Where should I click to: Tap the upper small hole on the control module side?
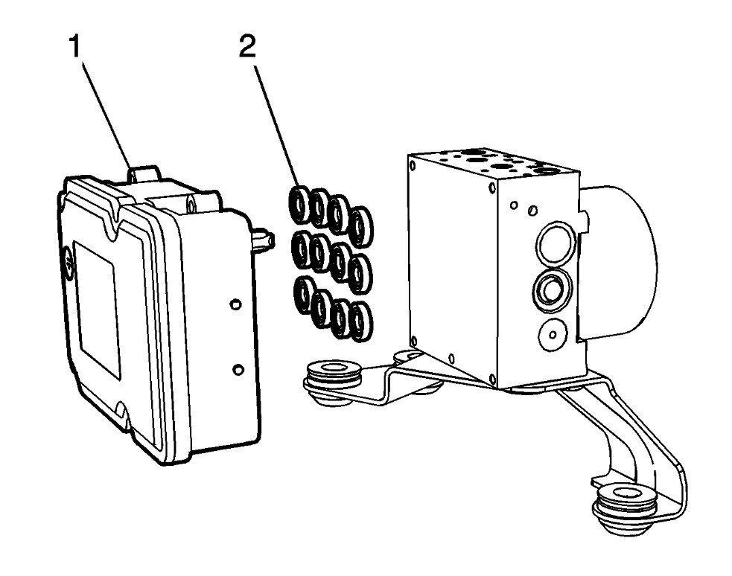(x=235, y=304)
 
